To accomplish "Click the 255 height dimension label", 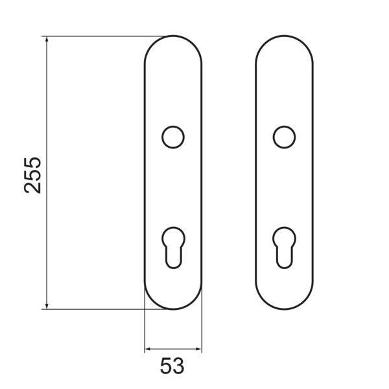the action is (32, 175).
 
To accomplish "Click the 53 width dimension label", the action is (172, 366).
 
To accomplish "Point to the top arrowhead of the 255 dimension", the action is (47, 40).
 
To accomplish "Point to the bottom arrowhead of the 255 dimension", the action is (47, 305).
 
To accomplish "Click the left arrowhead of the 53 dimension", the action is (148, 349).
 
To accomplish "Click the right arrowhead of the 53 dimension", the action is (198, 349).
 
